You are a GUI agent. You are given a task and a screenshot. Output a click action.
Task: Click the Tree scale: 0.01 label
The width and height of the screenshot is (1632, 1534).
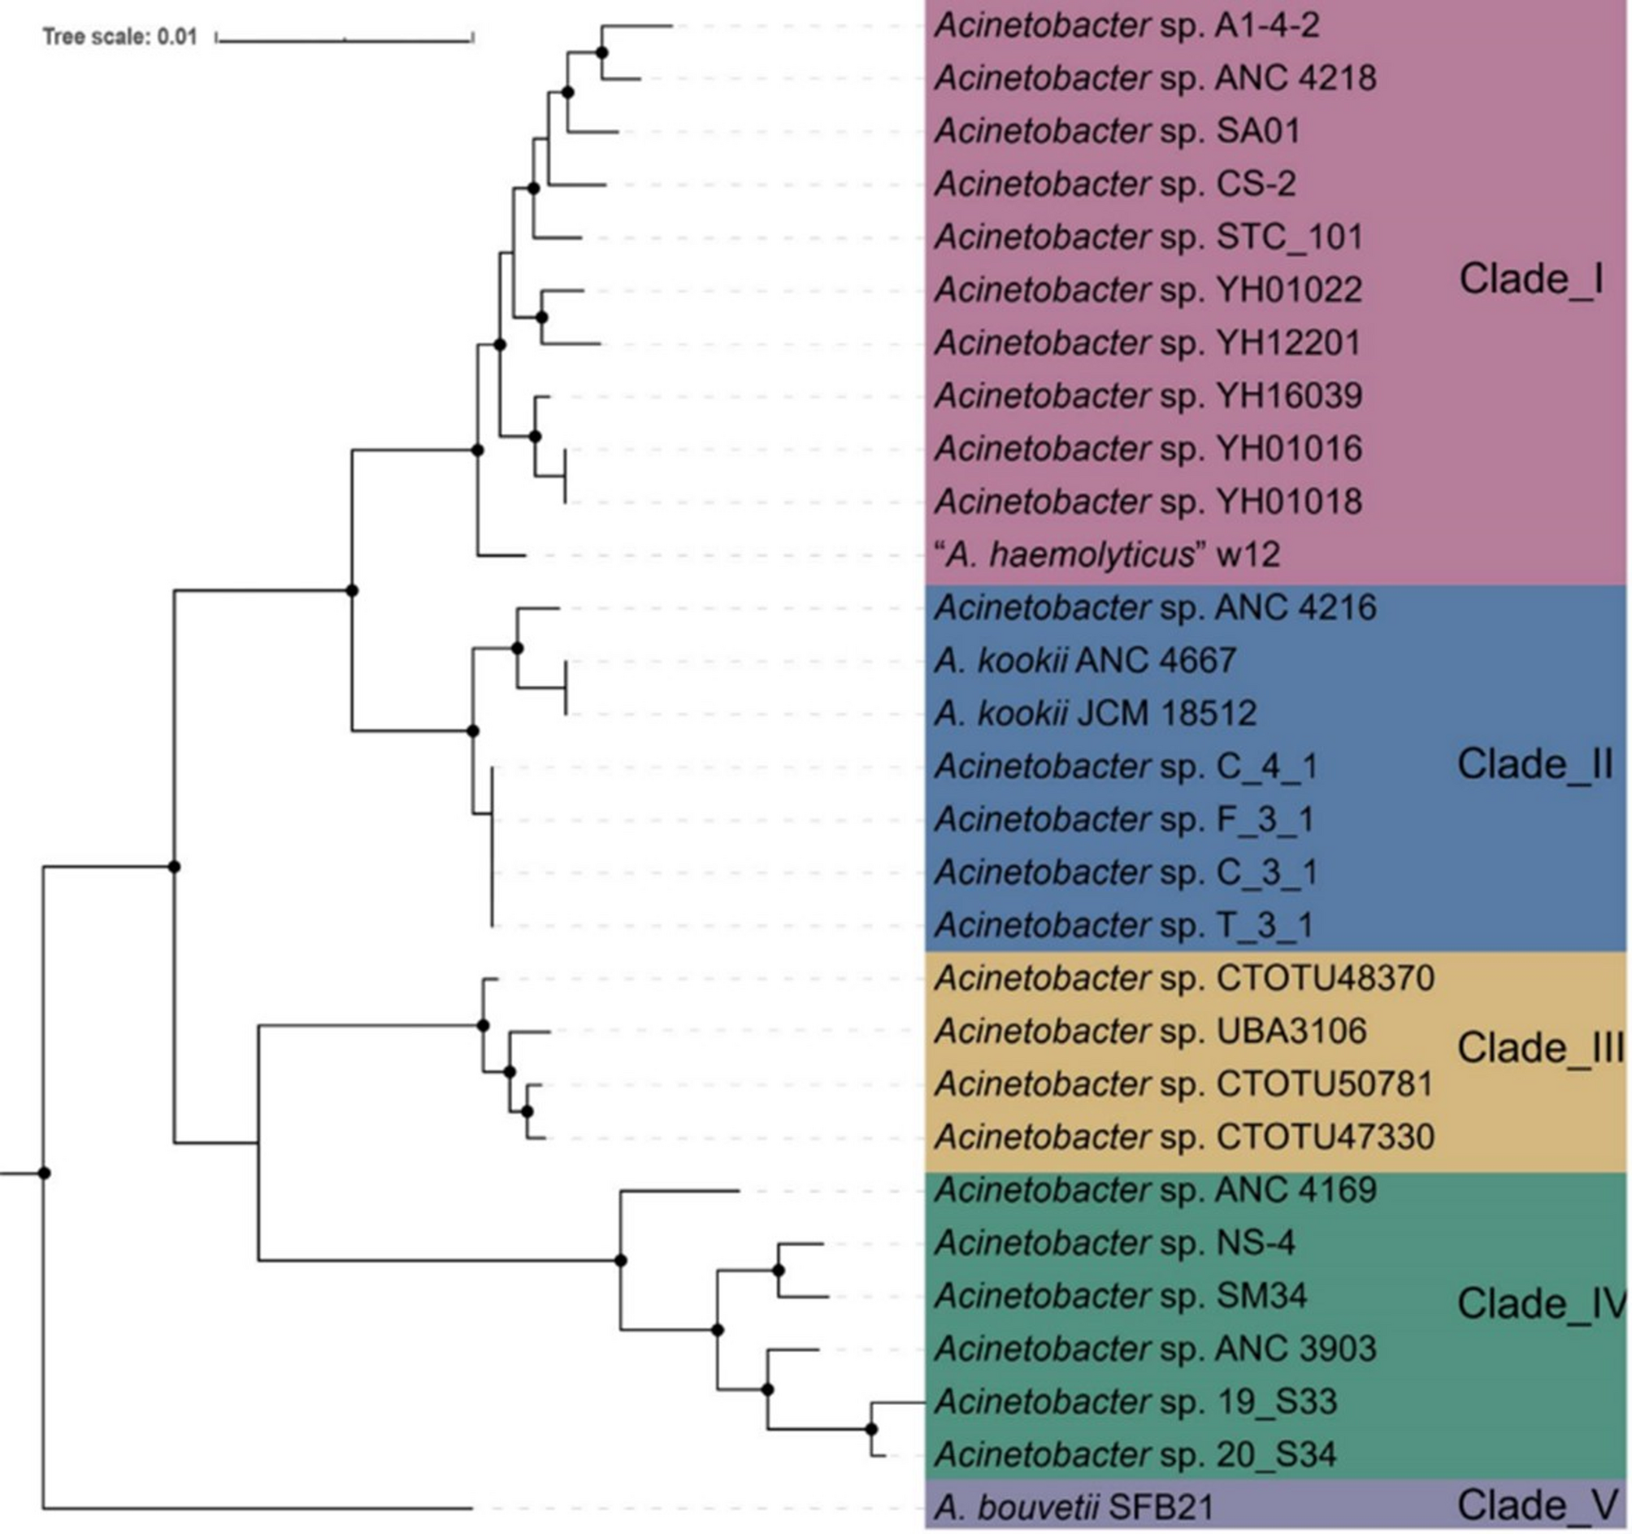pos(119,37)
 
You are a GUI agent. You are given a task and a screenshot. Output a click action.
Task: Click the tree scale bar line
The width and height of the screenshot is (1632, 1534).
pos(344,37)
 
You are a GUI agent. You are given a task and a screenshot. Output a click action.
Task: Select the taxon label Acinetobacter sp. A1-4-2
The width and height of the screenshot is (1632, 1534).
pos(1126,25)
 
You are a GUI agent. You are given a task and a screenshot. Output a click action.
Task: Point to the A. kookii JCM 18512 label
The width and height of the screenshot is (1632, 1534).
pos(1095,713)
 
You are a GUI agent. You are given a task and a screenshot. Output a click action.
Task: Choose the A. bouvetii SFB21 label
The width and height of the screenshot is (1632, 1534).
pos(1073,1507)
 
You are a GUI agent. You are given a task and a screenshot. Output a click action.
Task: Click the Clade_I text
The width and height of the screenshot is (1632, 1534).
pos(1530,279)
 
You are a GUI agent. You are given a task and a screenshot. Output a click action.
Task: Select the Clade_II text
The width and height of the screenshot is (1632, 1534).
pos(1534,764)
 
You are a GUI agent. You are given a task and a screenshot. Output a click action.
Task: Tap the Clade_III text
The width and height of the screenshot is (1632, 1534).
pos(1540,1048)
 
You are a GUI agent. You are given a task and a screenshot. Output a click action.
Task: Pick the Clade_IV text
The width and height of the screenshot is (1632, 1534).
pos(1540,1303)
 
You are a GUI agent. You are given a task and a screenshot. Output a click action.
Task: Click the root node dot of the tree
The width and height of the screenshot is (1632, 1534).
pos(45,1174)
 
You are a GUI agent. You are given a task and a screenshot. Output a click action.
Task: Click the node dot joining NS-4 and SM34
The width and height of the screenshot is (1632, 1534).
pos(779,1271)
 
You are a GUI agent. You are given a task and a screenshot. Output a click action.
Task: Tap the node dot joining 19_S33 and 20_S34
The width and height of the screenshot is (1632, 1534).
pos(871,1430)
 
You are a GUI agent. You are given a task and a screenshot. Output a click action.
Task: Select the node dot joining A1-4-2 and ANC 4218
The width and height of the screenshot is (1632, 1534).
pos(601,53)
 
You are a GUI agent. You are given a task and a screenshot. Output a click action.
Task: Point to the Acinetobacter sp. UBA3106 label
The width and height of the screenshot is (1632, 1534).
pos(1150,1032)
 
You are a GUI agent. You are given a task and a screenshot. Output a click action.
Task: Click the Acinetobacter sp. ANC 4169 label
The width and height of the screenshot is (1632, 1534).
pos(1155,1190)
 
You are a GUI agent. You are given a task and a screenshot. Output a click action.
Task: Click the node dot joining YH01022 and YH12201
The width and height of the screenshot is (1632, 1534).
pos(541,317)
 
